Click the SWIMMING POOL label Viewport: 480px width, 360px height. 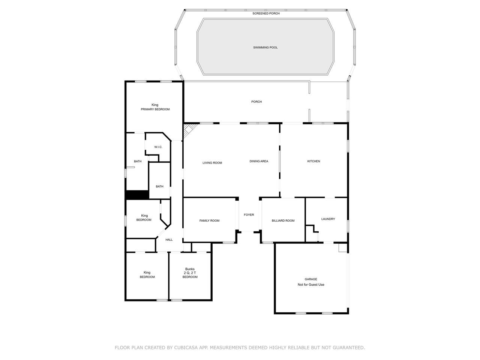pyautogui.click(x=265, y=47)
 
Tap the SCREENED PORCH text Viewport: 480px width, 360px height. pyautogui.click(x=266, y=13)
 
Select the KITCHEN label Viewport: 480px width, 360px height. pyautogui.click(x=313, y=161)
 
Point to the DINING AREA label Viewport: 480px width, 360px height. pyautogui.click(x=259, y=161)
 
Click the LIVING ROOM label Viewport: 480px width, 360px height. pyautogui.click(x=212, y=163)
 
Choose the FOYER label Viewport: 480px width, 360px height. pyautogui.click(x=249, y=214)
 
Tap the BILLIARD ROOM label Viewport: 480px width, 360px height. pyautogui.click(x=283, y=220)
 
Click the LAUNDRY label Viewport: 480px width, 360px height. pyautogui.click(x=328, y=219)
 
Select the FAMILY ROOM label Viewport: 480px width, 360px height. pyautogui.click(x=209, y=220)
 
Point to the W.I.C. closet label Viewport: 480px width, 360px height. pyautogui.click(x=158, y=147)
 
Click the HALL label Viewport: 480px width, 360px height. pyautogui.click(x=169, y=240)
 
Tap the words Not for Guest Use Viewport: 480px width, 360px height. pyautogui.click(x=311, y=284)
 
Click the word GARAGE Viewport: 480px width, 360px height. pyautogui.click(x=311, y=279)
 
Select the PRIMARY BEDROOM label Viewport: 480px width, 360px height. pyautogui.click(x=155, y=109)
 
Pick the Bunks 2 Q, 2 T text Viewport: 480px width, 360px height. pyautogui.click(x=190, y=271)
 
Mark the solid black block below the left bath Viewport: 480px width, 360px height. pyautogui.click(x=138, y=195)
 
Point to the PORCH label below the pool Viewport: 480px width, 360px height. pyautogui.click(x=256, y=102)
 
